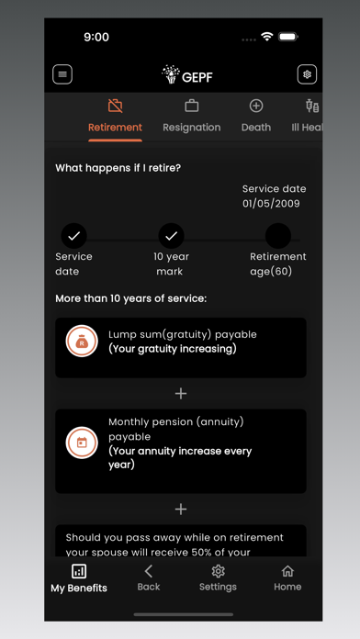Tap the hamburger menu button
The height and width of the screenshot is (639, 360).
click(62, 75)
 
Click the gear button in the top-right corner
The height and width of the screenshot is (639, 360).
click(307, 75)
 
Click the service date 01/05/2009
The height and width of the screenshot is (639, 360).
click(271, 204)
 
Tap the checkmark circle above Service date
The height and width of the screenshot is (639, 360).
click(74, 236)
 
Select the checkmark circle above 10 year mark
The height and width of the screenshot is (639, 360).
click(171, 236)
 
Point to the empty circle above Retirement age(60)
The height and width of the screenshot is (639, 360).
click(278, 236)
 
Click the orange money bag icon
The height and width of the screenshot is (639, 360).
click(82, 341)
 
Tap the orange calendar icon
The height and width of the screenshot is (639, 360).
click(82, 443)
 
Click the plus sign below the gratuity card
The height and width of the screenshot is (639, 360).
click(181, 393)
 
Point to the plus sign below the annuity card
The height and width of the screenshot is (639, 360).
click(181, 509)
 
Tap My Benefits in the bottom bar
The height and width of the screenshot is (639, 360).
click(79, 578)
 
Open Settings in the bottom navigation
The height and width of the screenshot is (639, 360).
click(218, 578)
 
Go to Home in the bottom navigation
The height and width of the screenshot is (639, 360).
click(287, 578)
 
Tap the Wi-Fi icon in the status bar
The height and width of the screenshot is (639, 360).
click(267, 37)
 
